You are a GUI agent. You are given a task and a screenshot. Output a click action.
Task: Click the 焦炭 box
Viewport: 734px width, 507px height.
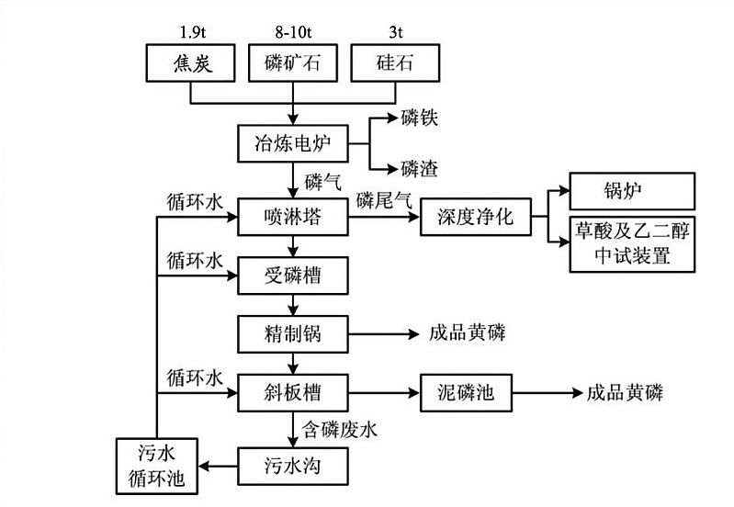(192, 64)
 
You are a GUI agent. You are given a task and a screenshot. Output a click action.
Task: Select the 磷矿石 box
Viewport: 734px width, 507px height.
(293, 64)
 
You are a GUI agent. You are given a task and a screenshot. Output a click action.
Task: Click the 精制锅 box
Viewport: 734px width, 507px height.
(293, 333)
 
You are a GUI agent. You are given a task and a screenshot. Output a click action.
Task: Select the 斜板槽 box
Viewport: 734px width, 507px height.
(293, 392)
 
